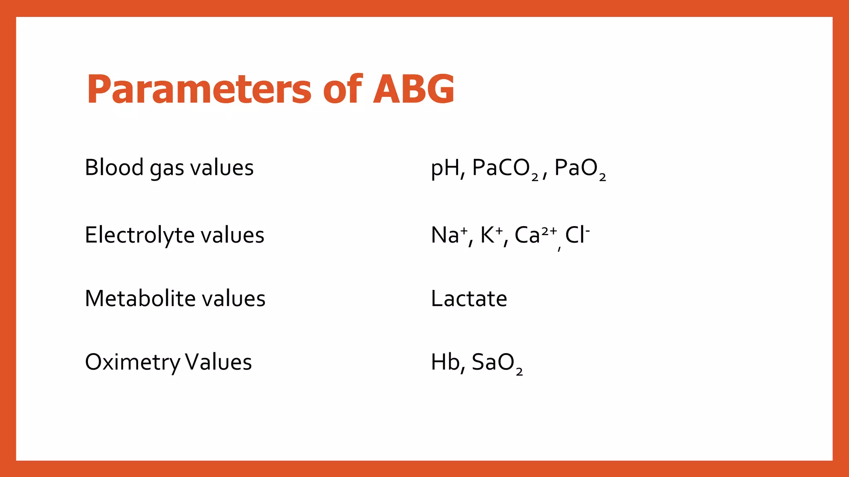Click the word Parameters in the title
199,89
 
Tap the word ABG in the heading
413,89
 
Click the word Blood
114,168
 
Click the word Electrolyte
140,235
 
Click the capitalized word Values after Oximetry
218,362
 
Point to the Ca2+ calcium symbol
535,235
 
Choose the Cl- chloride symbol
577,235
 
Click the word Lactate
469,299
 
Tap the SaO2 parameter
497,363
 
